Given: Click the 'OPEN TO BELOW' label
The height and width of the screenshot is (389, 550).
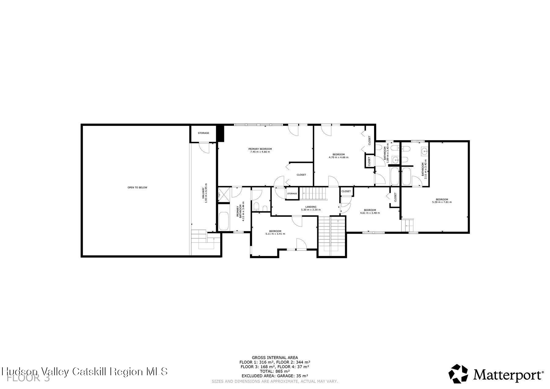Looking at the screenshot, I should point(137,187).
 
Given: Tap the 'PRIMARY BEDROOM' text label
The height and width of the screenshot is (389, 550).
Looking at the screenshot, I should point(260,149).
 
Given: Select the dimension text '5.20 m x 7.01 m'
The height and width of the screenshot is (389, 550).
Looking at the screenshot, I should point(442,202).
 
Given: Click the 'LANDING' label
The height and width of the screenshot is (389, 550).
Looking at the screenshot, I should point(311,207).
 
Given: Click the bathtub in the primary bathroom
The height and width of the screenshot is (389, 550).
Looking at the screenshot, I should point(224,221).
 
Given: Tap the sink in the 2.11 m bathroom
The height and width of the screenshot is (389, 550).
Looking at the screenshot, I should point(425,151).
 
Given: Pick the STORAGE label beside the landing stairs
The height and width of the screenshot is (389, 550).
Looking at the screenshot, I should point(292,193).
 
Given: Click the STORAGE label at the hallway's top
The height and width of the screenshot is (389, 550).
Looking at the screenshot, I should point(203,133).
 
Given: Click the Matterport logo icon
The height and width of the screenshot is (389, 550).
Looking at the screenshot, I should point(458,373).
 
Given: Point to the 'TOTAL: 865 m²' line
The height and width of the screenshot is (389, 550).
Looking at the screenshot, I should point(275,371).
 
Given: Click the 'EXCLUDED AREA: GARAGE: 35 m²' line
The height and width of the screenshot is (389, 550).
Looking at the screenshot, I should point(275,376).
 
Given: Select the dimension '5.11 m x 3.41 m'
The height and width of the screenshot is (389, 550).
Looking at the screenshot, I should point(275,234).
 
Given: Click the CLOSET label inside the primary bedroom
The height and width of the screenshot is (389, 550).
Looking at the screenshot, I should point(301,175).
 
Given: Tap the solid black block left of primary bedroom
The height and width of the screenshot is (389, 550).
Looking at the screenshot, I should point(220,133).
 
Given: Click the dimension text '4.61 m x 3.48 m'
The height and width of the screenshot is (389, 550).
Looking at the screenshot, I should point(370,213).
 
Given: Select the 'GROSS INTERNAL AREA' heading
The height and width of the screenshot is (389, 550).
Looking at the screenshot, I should point(275,357).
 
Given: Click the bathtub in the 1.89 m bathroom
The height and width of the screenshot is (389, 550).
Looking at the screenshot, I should point(394,176).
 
